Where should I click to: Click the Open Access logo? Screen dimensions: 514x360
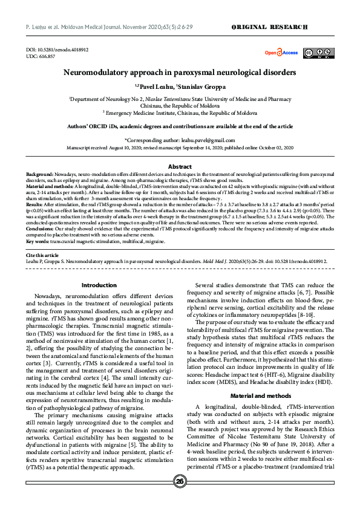(x=281, y=53)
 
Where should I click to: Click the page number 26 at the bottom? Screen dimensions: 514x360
(x=180, y=498)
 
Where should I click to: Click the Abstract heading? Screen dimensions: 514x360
(x=180, y=166)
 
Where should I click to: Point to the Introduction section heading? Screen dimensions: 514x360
(x=99, y=285)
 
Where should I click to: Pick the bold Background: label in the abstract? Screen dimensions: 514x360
(x=40, y=173)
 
